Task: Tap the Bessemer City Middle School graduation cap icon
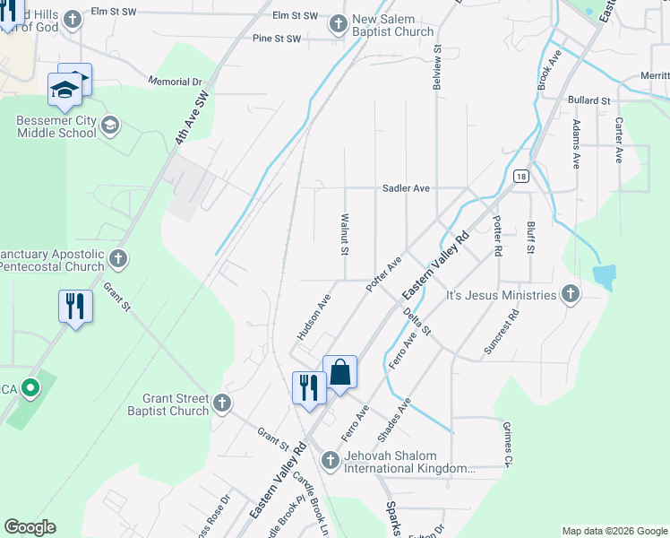point(109,124)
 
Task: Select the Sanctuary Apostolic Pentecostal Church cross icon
point(117,260)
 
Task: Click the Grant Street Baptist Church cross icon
point(222,404)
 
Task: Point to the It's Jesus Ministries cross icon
point(570,295)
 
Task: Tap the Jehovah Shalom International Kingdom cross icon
point(330,461)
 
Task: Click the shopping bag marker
point(340,372)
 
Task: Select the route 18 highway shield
point(520,177)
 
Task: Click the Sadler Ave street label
point(407,188)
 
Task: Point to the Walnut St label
point(344,233)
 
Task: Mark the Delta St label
point(417,321)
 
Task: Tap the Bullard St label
point(588,100)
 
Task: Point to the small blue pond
point(604,276)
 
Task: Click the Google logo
point(30,527)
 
